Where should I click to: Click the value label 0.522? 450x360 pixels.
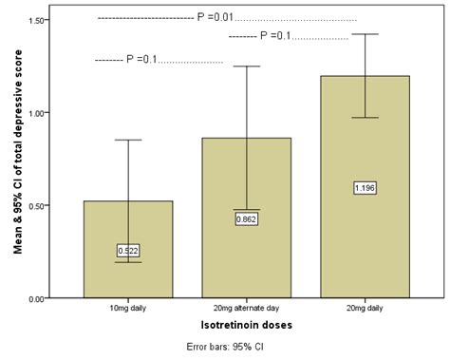point(128,251)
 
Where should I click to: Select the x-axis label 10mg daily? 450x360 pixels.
point(128,310)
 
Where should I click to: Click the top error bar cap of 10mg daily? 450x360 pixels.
point(128,140)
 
